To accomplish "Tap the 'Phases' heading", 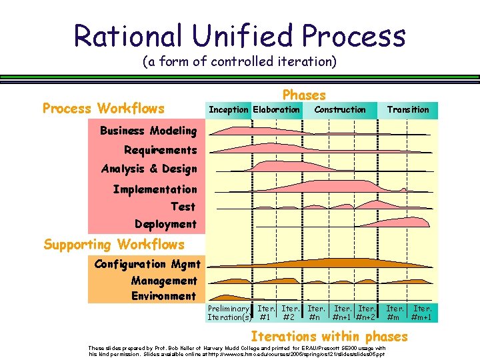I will tap(304, 95).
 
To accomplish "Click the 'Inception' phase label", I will tap(229, 109).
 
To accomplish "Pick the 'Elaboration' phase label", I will tap(277, 109).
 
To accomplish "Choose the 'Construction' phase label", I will tap(340, 109).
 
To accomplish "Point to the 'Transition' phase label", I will tap(408, 109).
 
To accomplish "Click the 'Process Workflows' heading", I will tap(103, 109).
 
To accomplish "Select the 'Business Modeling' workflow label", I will tap(148, 131).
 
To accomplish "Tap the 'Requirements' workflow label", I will tap(160, 150).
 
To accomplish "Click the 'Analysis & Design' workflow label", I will tap(149, 169).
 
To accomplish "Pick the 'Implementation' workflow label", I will tap(155, 189).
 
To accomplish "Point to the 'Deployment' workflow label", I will tap(165, 224).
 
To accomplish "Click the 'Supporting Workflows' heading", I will tap(114, 245).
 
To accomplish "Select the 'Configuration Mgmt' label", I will tap(147, 264).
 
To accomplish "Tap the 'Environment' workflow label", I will tap(163, 296).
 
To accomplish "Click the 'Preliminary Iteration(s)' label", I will tap(229, 313).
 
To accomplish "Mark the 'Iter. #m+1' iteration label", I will tap(422, 313).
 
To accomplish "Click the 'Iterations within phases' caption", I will tap(329, 336).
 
